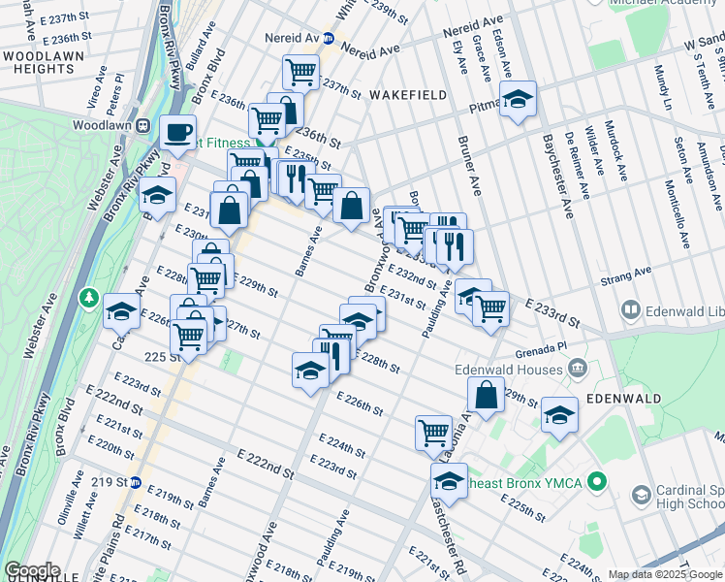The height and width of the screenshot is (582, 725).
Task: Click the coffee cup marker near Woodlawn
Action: [x=177, y=132]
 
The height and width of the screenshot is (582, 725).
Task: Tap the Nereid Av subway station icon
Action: [x=329, y=39]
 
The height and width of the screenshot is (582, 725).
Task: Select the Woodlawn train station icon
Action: [x=142, y=124]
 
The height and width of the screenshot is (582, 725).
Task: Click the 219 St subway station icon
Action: [x=137, y=482]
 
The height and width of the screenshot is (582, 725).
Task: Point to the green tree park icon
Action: [x=88, y=296]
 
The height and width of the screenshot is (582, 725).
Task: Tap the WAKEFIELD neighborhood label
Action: [x=407, y=94]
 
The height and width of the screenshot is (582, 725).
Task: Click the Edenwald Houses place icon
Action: [x=579, y=368]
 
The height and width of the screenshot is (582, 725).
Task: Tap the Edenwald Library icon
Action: [x=631, y=310]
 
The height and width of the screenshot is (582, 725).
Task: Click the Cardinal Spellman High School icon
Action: [x=641, y=495]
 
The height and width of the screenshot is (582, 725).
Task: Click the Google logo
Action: [x=31, y=570]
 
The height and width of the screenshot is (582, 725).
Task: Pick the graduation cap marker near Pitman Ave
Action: [x=519, y=99]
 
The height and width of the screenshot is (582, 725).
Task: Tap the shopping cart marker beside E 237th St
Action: [x=300, y=71]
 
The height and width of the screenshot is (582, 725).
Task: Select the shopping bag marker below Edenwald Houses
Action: [x=486, y=395]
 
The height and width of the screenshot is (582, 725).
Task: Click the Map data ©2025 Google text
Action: [x=664, y=574]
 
